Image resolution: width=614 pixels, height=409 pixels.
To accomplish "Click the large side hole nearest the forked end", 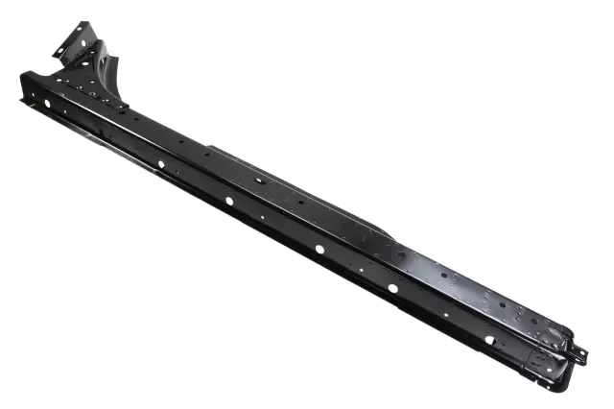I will (x=46, y=103).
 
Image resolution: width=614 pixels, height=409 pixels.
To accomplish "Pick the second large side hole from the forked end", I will (x=160, y=165).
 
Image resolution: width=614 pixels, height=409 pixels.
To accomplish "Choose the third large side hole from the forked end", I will (x=228, y=201).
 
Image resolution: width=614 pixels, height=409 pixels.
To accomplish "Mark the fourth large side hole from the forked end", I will (x=319, y=249).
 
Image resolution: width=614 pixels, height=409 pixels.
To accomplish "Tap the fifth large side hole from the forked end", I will (x=392, y=287).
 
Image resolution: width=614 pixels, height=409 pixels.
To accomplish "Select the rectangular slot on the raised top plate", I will (x=259, y=180).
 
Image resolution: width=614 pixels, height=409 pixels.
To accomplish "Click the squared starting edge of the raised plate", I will (x=210, y=148).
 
